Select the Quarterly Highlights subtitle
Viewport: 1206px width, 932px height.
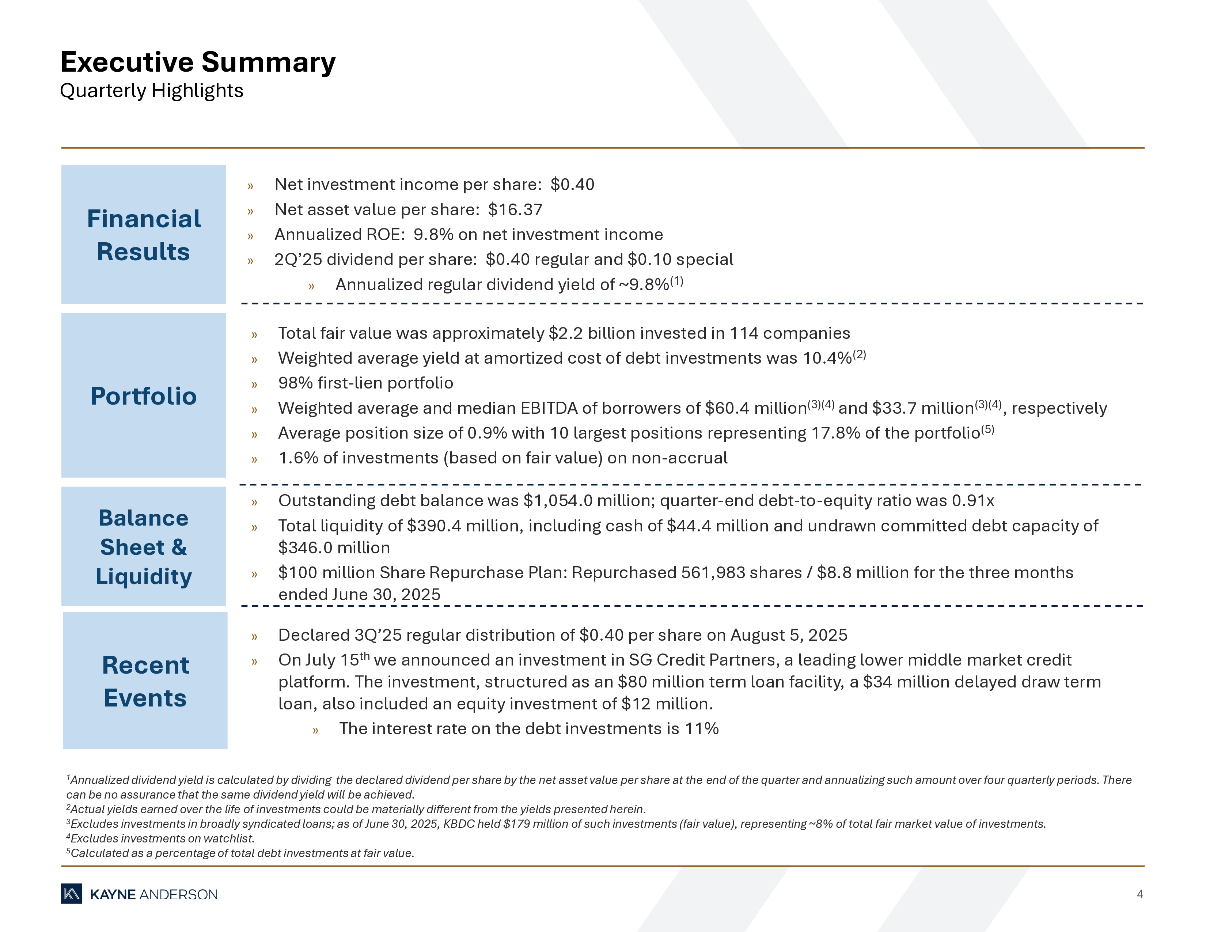[x=151, y=91]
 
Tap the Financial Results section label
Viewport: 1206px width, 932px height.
[x=144, y=235]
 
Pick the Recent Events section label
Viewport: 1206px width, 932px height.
[x=145, y=681]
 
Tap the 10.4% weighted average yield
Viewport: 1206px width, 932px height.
[x=827, y=358]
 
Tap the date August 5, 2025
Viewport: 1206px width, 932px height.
[x=789, y=635]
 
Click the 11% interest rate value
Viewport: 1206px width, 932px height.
[x=701, y=729]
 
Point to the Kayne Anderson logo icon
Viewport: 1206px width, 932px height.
[x=71, y=894]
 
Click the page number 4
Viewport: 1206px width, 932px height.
[x=1140, y=894]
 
